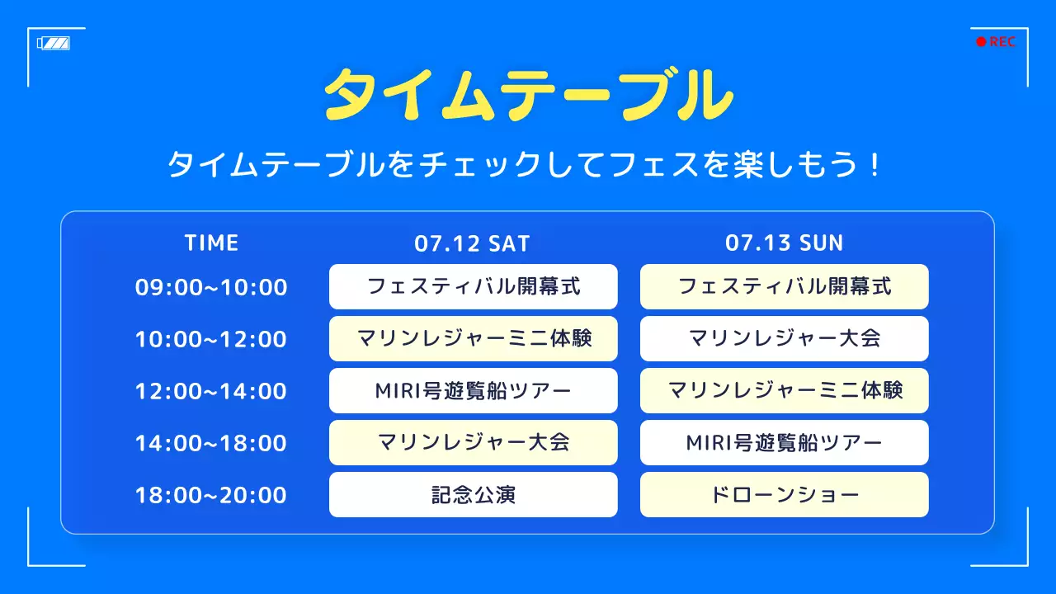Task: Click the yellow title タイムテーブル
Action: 528,93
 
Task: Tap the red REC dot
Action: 981,42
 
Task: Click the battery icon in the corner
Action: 54,43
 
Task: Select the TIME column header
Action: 211,243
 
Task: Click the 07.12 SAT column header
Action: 472,243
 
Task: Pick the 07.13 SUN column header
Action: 784,243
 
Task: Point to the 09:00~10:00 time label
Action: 211,287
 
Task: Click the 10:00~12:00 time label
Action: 211,339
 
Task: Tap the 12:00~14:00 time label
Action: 211,391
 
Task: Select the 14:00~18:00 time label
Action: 211,443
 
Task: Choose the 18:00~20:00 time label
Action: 211,495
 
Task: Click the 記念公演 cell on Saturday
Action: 473,495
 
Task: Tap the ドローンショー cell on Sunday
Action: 784,495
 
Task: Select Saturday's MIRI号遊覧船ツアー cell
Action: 473,391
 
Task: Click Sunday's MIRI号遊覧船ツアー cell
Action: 784,443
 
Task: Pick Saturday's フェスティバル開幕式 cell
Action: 473,287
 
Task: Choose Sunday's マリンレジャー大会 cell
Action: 784,339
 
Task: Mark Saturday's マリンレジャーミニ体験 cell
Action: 473,339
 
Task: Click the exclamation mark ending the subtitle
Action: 875,165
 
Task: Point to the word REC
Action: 1002,42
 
